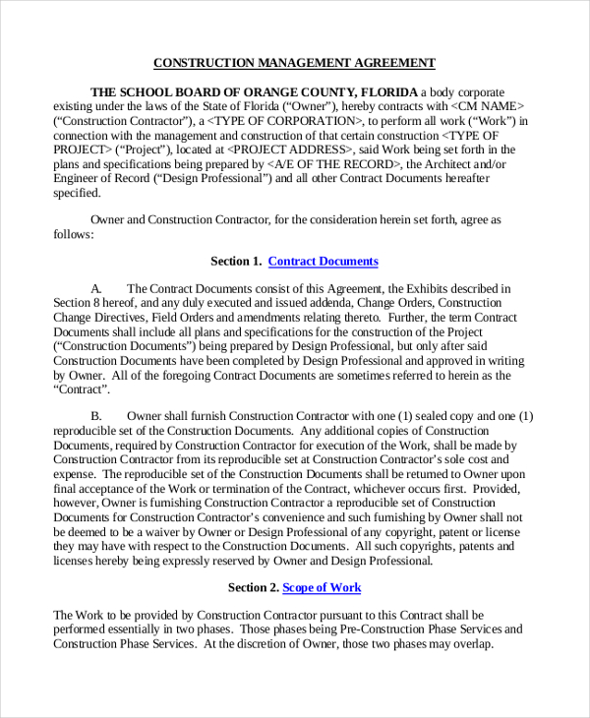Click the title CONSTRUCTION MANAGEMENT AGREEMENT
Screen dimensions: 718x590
tap(294, 63)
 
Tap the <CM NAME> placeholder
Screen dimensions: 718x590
tap(489, 106)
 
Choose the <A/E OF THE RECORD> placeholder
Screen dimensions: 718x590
tap(335, 165)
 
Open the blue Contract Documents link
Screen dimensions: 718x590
tap(323, 262)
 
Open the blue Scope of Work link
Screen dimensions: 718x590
tap(322, 588)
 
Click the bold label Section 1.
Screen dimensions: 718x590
tap(236, 262)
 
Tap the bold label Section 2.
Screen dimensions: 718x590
tap(254, 588)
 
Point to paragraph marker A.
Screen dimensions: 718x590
tap(96, 289)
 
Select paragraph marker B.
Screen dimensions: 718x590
tap(96, 416)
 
